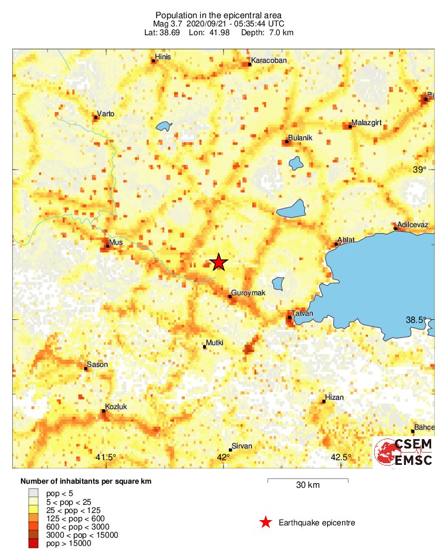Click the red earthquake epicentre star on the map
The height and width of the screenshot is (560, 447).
click(x=218, y=262)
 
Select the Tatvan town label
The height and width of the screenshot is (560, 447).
click(x=303, y=313)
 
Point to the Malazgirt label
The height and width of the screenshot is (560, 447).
click(x=367, y=123)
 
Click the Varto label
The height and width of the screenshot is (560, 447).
click(x=106, y=113)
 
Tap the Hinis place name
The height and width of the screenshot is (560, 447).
click(x=162, y=58)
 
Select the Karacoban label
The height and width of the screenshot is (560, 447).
click(x=267, y=60)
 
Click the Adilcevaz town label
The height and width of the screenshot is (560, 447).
click(x=413, y=225)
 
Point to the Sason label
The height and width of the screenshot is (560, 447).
click(x=97, y=365)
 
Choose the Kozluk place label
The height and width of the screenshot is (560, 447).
click(x=116, y=406)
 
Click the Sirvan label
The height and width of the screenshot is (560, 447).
click(x=242, y=446)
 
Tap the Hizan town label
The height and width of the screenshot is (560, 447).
click(x=334, y=397)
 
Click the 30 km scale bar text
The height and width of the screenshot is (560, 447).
click(x=307, y=485)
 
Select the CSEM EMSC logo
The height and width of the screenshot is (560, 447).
click(x=404, y=453)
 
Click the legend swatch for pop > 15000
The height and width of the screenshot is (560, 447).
click(x=33, y=544)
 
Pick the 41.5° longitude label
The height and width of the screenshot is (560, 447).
click(x=106, y=457)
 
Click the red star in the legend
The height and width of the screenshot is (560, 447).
click(x=266, y=522)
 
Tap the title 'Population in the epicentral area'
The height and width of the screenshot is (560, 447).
click(x=218, y=15)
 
